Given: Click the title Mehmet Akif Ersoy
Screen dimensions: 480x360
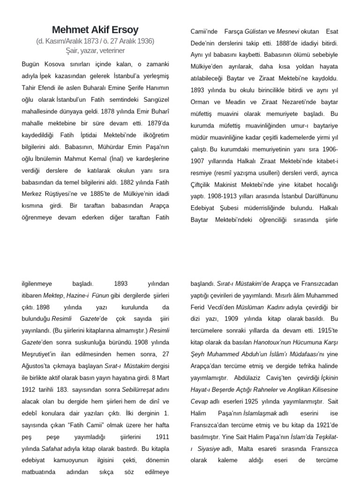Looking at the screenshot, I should click(96, 30).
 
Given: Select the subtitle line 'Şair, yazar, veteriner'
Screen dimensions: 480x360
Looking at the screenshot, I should click(96, 50).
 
